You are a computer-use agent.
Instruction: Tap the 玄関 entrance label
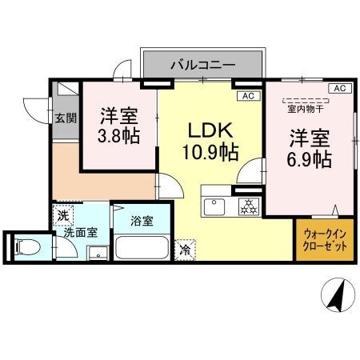[x=66, y=118]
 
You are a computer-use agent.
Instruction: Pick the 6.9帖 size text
[x=310, y=158]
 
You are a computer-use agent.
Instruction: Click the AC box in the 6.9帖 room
[x=338, y=88]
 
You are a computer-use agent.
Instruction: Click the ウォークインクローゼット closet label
[x=326, y=241]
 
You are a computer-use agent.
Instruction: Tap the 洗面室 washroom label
[x=81, y=233]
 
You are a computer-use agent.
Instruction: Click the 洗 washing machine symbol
[x=63, y=215]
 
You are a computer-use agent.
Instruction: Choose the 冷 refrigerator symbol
[x=184, y=250]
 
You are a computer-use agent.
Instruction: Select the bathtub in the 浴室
[x=142, y=247]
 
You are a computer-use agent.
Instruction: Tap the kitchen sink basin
[x=216, y=207]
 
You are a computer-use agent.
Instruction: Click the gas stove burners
[x=247, y=206]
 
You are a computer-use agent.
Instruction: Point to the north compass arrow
[x=337, y=297]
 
